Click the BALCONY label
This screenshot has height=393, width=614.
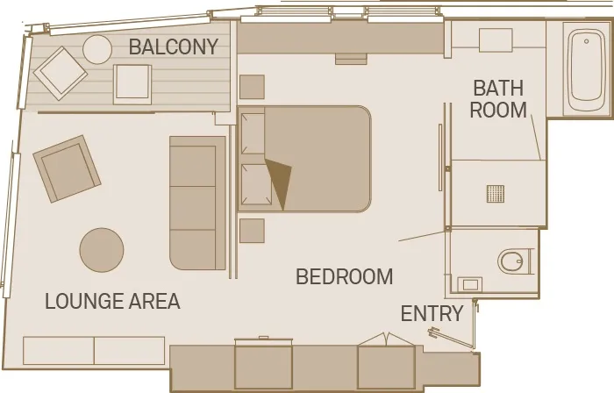pos(174,47)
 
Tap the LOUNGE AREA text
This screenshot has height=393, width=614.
pos(112,302)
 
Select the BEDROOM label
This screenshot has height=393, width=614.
pos(344,277)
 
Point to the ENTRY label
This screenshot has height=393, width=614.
pos(432,314)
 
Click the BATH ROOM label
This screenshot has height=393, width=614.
pos(499,99)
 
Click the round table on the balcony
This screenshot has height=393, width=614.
pos(97,49)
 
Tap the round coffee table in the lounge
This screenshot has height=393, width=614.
pos(102,250)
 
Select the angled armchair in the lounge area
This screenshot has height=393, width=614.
pos(67,168)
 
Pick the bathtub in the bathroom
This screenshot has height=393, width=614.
pos(582,70)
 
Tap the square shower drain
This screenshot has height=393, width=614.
pos(496,193)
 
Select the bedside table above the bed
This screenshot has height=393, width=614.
pos(252,87)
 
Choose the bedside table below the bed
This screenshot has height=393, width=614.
pos(252,231)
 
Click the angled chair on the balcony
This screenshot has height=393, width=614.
pos(61,72)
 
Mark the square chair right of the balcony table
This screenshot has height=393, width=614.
pos(132,83)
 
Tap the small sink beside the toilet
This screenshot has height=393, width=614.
pos(470,284)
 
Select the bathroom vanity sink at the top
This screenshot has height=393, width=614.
pos(496,39)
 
